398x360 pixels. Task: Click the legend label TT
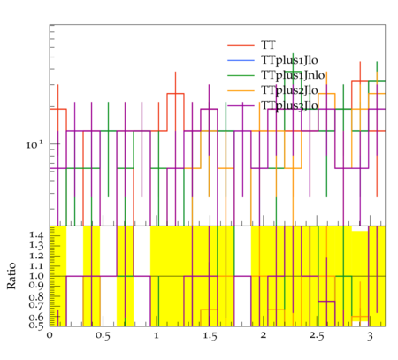click(x=268, y=45)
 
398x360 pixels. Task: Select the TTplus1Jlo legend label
click(x=289, y=60)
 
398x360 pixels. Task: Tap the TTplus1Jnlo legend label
click(x=293, y=75)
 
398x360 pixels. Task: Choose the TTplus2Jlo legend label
click(x=289, y=90)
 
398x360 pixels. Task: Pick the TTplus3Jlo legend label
click(x=289, y=105)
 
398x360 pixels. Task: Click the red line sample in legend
click(x=241, y=45)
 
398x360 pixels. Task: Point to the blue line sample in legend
click(x=241, y=60)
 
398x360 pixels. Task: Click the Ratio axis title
click(x=11, y=276)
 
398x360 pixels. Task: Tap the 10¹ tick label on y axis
click(x=34, y=144)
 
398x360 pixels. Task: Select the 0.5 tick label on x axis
click(x=103, y=336)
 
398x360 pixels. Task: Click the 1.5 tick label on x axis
click(x=210, y=336)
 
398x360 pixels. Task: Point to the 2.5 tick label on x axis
click(x=317, y=336)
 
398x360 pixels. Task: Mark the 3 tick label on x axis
click(x=370, y=336)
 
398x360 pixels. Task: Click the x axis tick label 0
click(x=50, y=336)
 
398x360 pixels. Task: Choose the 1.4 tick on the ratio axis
click(x=36, y=235)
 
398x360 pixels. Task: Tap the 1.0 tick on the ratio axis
click(x=36, y=276)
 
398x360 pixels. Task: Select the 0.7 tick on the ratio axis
click(x=36, y=304)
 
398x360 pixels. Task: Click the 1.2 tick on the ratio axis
click(x=36, y=256)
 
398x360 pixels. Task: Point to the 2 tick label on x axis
click(x=264, y=335)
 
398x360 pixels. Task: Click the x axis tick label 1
click(x=157, y=335)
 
